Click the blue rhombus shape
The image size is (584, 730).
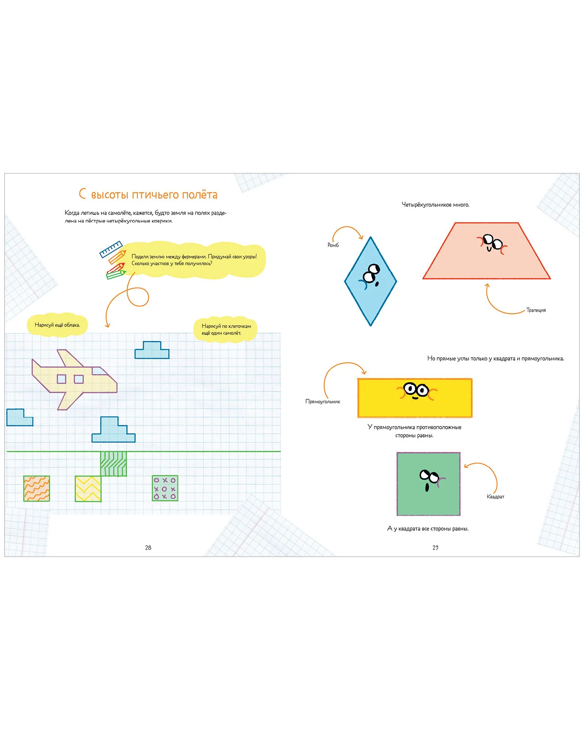pos(370,281)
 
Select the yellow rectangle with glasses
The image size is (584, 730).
pos(415,397)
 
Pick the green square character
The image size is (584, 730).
pos(428,484)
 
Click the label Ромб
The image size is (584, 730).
pos(333,245)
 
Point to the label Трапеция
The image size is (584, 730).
pos(536,310)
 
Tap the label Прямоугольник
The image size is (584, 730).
pos(323,401)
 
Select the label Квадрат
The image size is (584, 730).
pos(495,496)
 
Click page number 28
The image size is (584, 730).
pos(148,547)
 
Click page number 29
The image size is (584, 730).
pos(435,547)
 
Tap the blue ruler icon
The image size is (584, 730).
pos(110,249)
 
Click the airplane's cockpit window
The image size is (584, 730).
pos(100,371)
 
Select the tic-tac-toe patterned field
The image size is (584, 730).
pos(165,488)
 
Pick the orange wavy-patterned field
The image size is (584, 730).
pos(36,489)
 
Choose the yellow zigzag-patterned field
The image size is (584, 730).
pos(88,489)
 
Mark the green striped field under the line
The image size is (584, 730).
pos(113,464)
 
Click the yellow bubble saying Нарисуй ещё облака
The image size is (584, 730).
pos(57,325)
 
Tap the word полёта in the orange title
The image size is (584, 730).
pos(199,195)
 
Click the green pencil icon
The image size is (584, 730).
pos(116,274)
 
